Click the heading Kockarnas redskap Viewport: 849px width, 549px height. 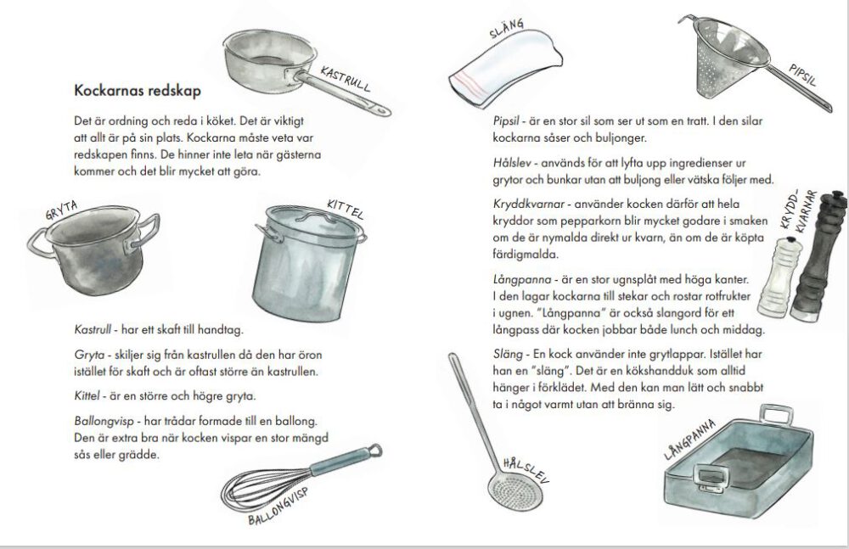pyautogui.click(x=137, y=89)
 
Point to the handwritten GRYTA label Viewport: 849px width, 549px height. pyautogui.click(x=63, y=217)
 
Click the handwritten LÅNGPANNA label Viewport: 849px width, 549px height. pyautogui.click(x=690, y=441)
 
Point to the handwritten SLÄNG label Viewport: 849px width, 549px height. pyautogui.click(x=508, y=31)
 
